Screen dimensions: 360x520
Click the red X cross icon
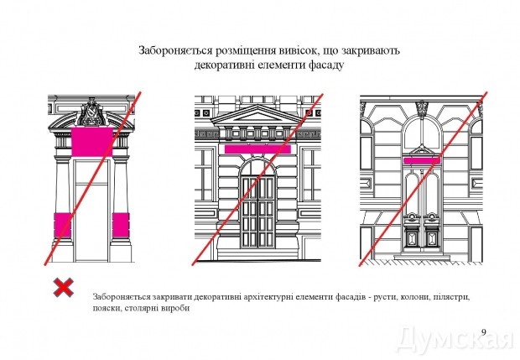click(62, 289)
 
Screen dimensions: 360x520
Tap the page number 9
click(484, 331)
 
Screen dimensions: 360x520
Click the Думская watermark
click(454, 339)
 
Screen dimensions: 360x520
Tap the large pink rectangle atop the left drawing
click(91, 140)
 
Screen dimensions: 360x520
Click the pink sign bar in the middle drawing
click(257, 148)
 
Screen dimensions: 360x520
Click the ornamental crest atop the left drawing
click(91, 110)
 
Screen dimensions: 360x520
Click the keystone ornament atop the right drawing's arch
click(421, 107)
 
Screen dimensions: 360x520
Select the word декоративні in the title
click(226, 65)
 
